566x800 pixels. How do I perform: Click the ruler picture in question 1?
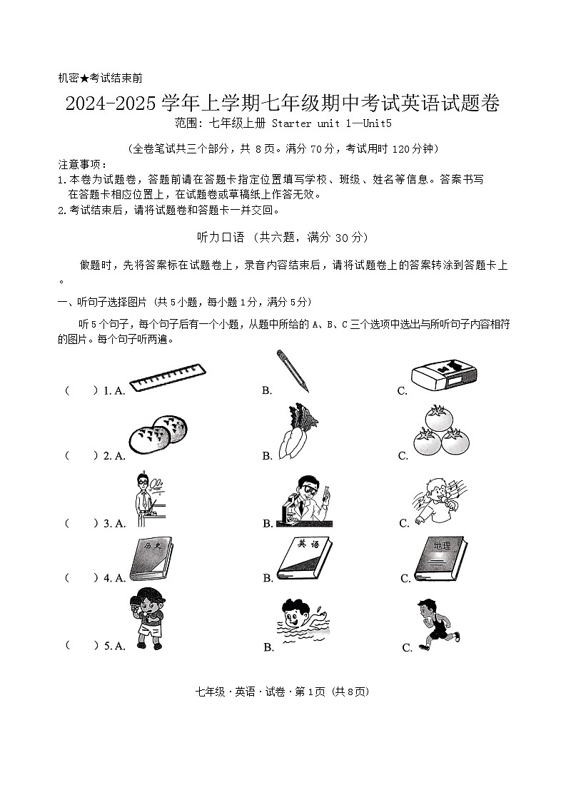point(168,378)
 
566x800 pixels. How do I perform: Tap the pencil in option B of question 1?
point(293,371)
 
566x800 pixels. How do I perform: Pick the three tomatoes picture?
point(439,431)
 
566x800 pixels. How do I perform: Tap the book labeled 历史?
point(151,559)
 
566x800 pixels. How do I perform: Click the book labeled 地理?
point(440,559)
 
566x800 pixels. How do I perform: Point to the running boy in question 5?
point(437,624)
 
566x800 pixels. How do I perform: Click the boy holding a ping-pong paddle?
point(147,618)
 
